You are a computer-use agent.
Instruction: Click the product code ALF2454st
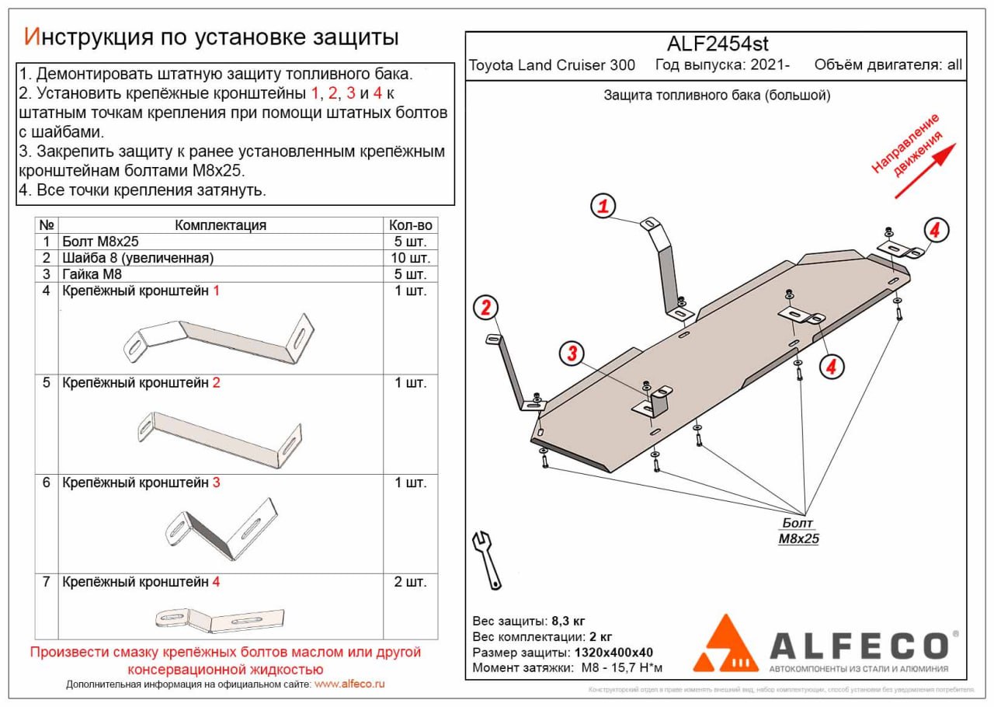[x=718, y=44]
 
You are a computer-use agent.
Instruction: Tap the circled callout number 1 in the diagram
[x=603, y=207]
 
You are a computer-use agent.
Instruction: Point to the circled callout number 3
[x=572, y=354]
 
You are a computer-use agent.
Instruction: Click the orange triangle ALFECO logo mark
[x=725, y=644]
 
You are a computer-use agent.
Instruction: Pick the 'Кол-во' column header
[x=411, y=225]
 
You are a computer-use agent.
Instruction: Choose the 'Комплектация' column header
[x=221, y=225]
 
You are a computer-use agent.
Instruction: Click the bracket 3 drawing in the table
[x=221, y=528]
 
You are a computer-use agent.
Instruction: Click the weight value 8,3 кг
[x=568, y=622]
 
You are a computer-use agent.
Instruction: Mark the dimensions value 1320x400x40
[x=612, y=653]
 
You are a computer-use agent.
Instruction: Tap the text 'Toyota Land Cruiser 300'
[x=551, y=65]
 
